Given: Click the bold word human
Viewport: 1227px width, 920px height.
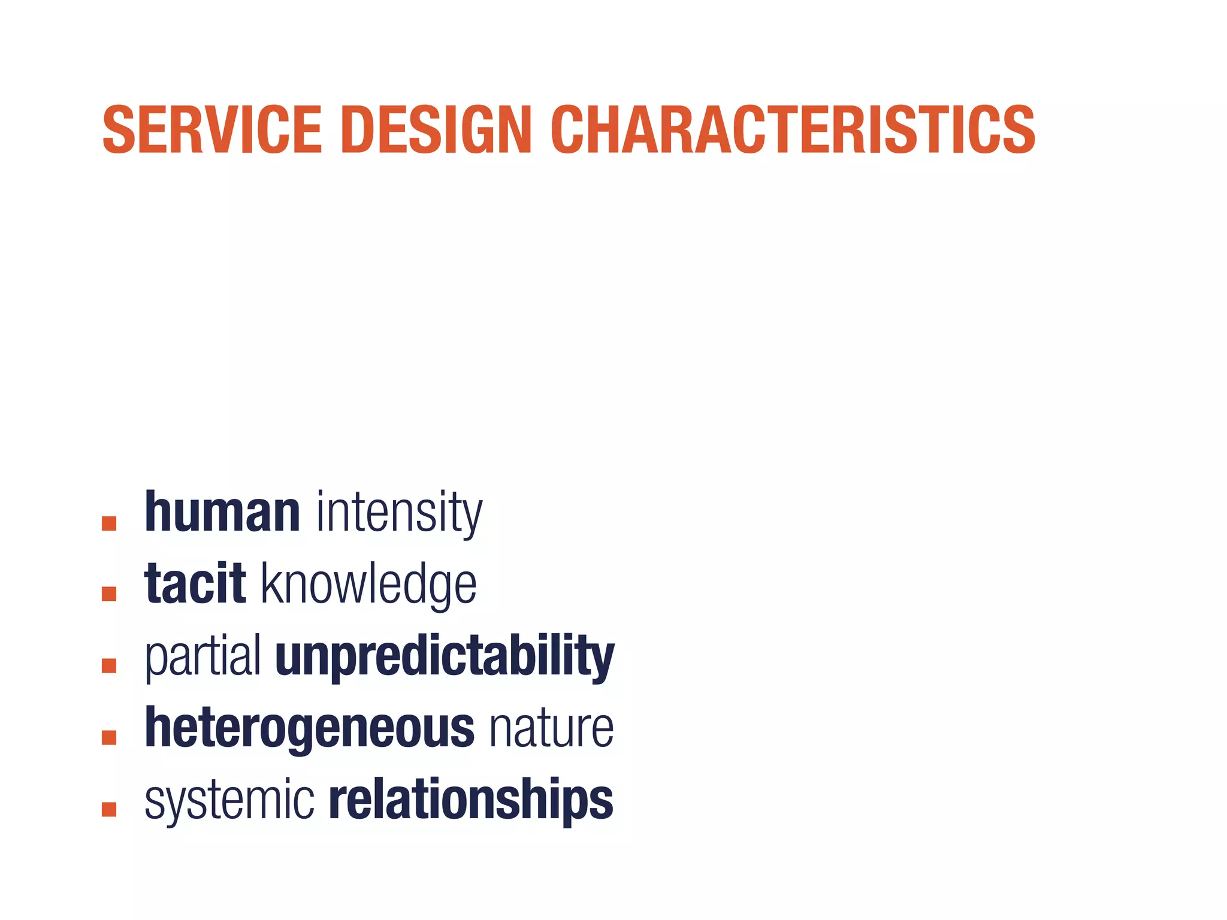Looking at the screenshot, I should coord(222,512).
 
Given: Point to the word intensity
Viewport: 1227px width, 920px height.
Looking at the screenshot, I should coord(399,513).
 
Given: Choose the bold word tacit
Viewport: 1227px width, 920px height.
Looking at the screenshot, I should coord(195,584).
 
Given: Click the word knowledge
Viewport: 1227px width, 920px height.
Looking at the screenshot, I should coord(369,585).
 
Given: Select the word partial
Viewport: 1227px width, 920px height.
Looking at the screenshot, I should coord(203,657).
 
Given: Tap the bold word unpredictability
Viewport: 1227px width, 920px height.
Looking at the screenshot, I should coord(445,657).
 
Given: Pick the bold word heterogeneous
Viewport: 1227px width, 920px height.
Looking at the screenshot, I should coord(310,728).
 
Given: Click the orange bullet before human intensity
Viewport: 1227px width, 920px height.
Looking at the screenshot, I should coord(109,523).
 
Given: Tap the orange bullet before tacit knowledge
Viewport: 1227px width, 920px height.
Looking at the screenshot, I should coord(109,594).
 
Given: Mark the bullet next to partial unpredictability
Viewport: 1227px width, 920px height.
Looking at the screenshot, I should coord(109,666).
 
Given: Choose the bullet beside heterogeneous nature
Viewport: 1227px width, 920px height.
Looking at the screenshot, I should coord(109,738).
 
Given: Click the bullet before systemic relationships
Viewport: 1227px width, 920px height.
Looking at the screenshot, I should coord(109,810).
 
